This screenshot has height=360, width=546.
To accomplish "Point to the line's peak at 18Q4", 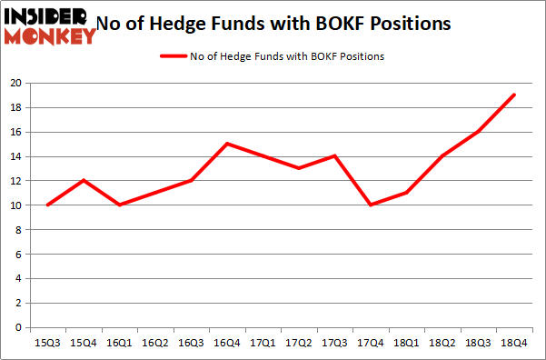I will pos(514,95).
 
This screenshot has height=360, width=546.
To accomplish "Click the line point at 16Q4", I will pos(227,144).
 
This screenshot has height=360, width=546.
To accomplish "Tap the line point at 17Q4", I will pos(371,205).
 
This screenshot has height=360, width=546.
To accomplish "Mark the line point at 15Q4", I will pos(84,180).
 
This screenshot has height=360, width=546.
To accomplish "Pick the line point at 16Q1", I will pos(119,205).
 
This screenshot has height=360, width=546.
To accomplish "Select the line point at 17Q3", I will pos(334,156).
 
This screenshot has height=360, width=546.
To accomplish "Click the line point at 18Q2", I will pos(442,156).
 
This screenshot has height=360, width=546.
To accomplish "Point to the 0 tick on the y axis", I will pos(19,327).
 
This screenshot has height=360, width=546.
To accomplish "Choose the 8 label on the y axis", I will pos(19,229).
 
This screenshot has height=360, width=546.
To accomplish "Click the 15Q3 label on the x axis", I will pos(47,345).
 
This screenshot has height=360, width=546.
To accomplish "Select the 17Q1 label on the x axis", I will pos(263,345).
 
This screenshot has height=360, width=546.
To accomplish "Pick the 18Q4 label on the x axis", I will pos(514,345).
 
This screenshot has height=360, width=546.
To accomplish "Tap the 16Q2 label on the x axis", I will pos(155,345).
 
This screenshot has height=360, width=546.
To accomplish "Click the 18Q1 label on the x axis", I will pos(406,345).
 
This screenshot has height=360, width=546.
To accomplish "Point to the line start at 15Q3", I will pos(47,205).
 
